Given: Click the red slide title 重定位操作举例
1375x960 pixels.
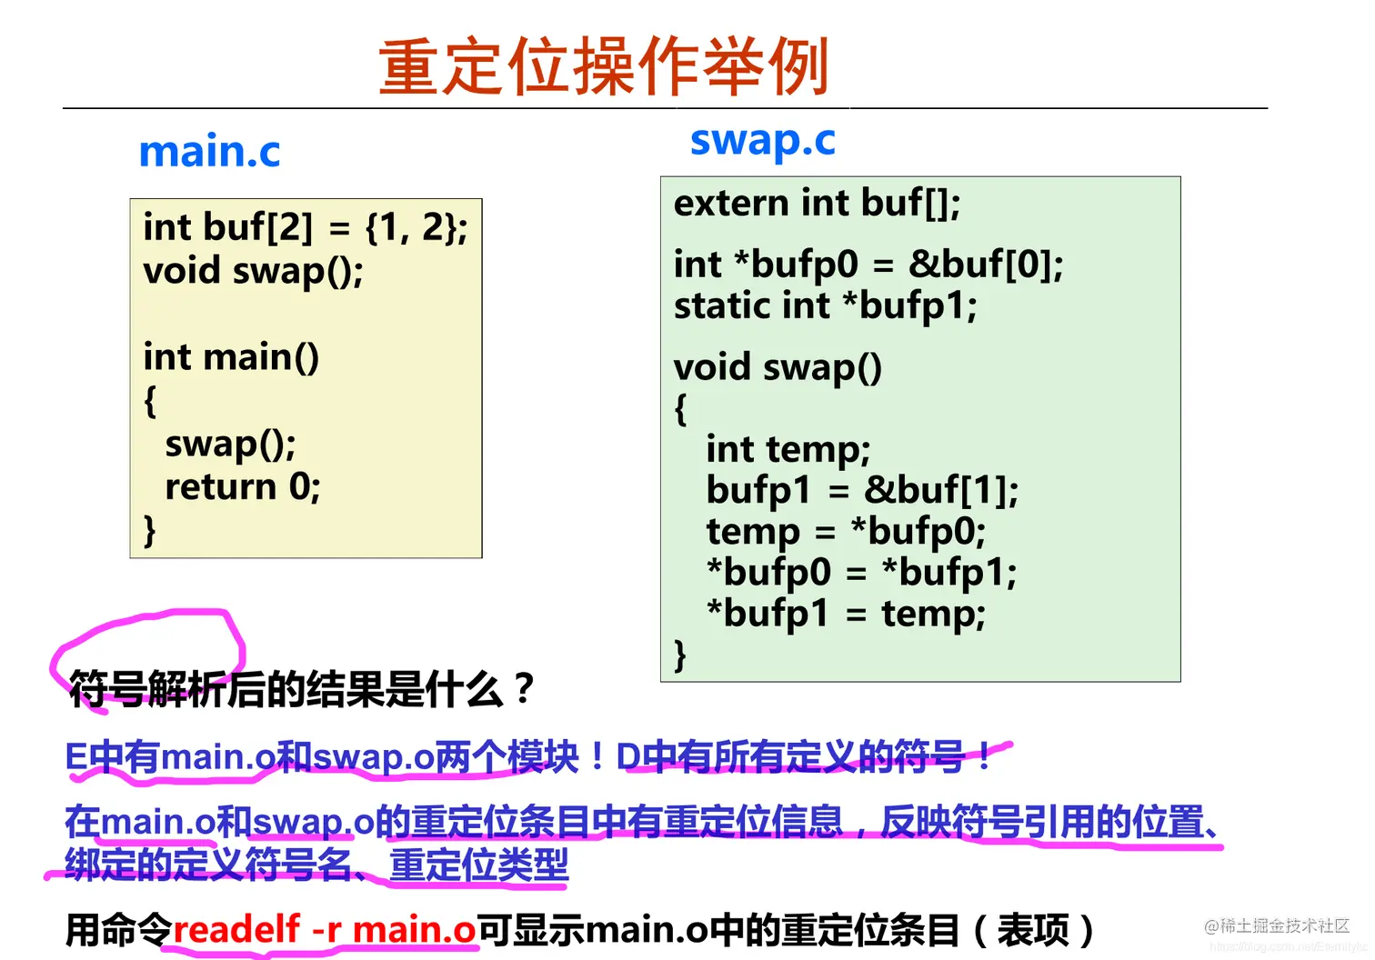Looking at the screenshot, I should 603,66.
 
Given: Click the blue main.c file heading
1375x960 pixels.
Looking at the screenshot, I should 209,151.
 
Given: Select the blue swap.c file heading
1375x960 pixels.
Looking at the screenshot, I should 762,141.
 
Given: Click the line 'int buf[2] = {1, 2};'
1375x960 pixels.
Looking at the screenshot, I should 305,227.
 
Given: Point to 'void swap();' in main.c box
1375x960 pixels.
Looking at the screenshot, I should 253,271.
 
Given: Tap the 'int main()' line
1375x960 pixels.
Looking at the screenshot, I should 231,357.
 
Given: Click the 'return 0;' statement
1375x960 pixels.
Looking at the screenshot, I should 242,487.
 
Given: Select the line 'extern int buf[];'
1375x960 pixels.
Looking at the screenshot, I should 817,204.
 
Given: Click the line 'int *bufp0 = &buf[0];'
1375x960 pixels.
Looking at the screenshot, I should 868,265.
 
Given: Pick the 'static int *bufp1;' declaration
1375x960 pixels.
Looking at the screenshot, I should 825,305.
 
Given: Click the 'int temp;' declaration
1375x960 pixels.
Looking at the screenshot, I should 788,449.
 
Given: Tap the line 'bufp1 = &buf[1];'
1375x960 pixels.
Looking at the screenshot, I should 862,491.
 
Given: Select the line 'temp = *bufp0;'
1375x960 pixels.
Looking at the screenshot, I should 846,531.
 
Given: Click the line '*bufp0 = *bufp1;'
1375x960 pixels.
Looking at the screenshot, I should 861,572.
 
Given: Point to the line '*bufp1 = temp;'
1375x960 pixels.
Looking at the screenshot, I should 846,613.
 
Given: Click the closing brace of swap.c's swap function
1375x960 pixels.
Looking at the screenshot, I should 680,655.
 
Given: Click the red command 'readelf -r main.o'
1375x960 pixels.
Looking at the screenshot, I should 324,929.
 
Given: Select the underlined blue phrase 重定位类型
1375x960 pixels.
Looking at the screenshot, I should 478,864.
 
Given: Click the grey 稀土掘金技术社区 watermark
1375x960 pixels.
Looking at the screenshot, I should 1277,925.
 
